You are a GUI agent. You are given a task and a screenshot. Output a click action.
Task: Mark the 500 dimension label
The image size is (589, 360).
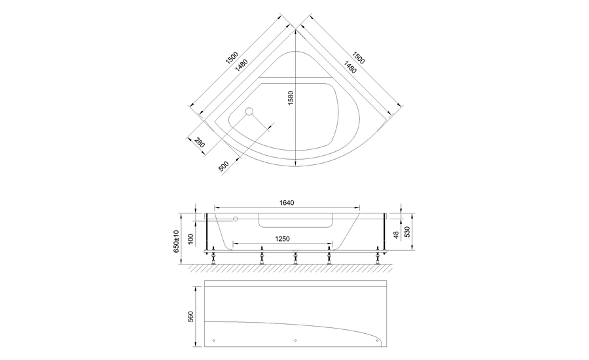[x=224, y=165]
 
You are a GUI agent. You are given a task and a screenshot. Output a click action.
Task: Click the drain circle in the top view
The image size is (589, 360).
[x=249, y=112]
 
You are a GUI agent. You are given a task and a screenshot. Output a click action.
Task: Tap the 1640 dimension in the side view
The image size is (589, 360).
[x=287, y=203]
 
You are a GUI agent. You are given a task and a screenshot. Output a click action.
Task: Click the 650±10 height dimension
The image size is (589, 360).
[x=176, y=242]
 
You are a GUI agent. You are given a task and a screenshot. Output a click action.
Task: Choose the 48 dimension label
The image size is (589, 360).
[x=397, y=234]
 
